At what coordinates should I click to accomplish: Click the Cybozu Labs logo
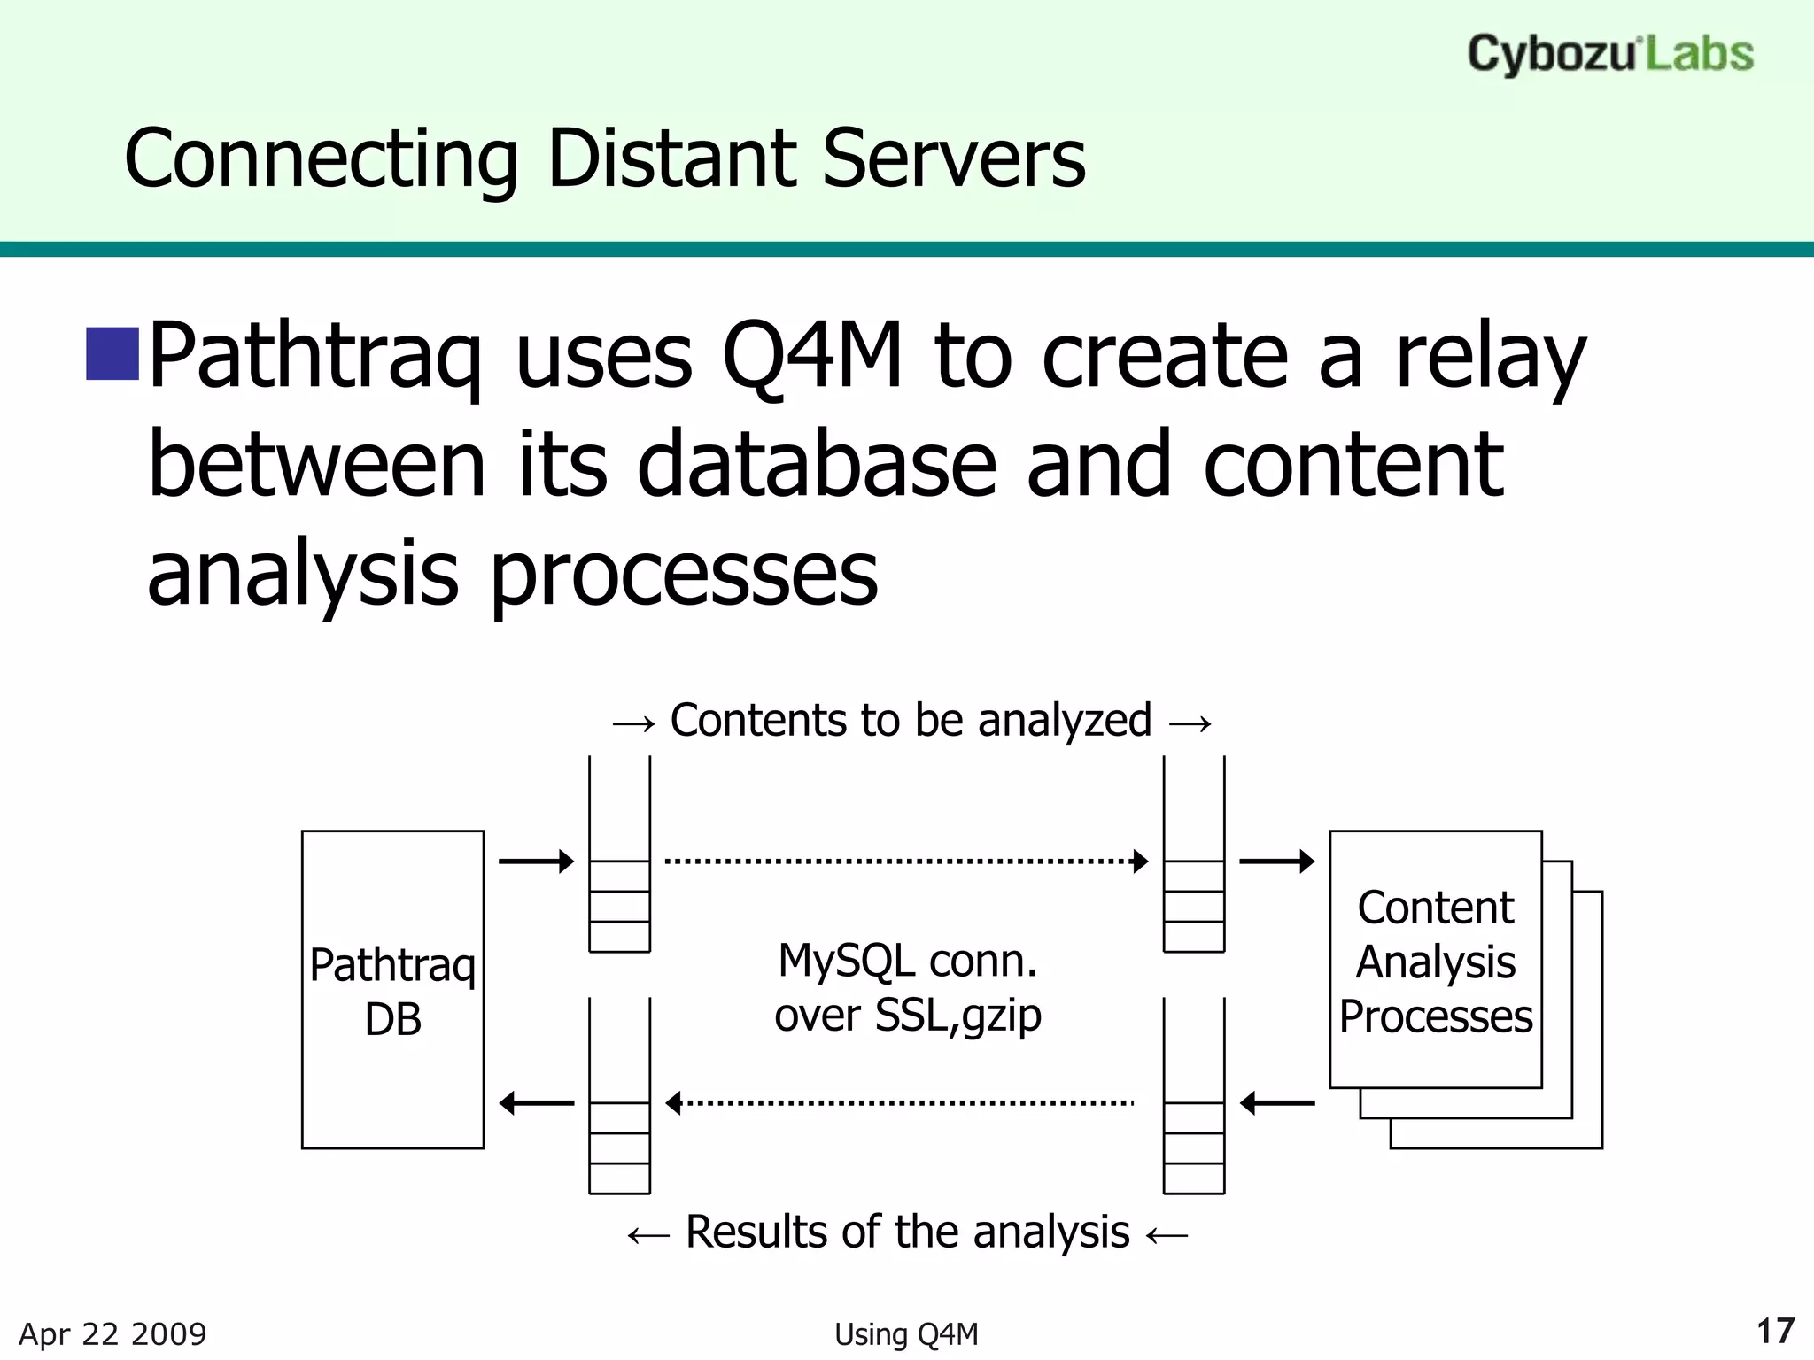(x=1609, y=54)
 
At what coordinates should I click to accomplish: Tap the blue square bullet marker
(x=112, y=353)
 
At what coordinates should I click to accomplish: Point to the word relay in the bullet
(x=1490, y=355)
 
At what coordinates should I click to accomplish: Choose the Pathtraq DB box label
(x=392, y=991)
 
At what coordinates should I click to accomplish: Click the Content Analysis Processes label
(x=1435, y=962)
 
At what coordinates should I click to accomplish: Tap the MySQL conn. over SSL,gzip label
(x=907, y=987)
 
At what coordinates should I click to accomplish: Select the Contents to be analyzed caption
(x=911, y=721)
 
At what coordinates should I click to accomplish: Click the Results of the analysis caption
(x=907, y=1232)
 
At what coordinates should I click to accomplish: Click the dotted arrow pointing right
(x=905, y=861)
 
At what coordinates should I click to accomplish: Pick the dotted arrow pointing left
(x=900, y=1103)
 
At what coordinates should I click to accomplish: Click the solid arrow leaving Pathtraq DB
(x=536, y=861)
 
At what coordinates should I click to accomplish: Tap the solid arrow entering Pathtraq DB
(x=537, y=1103)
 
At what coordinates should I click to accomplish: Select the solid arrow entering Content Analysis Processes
(x=1276, y=861)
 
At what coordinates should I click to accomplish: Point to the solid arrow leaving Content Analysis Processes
(x=1277, y=1103)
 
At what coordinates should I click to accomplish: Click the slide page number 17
(x=1775, y=1331)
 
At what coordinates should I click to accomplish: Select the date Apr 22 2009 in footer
(x=112, y=1333)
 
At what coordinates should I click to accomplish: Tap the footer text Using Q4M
(x=906, y=1334)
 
